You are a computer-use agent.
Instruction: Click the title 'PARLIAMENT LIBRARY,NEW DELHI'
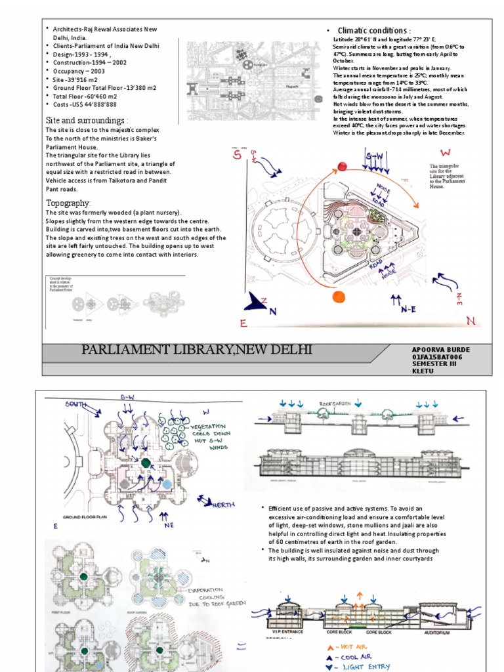196,349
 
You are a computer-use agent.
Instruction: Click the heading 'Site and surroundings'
87,121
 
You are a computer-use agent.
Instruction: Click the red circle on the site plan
342,167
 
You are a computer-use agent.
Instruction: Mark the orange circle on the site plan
339,297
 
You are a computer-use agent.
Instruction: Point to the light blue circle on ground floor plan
167,484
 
